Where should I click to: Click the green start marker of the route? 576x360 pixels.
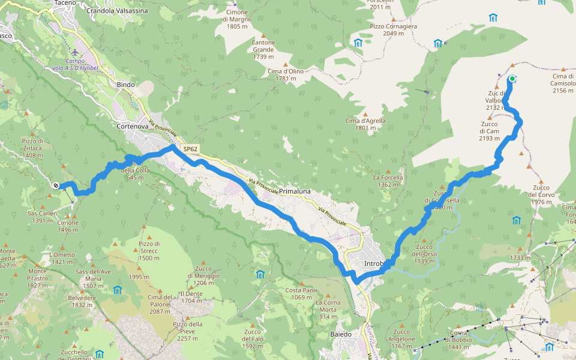coord(512,78)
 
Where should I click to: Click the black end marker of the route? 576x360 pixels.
coord(55,185)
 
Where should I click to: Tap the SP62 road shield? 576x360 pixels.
coord(190,149)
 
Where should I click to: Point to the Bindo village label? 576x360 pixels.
coord(125,85)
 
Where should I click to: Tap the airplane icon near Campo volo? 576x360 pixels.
coord(73,52)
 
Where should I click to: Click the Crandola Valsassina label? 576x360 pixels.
coord(117,11)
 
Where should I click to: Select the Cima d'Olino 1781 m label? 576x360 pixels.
coord(285,74)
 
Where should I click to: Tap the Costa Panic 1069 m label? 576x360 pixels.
coord(302,294)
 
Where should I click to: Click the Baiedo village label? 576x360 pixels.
coord(341,334)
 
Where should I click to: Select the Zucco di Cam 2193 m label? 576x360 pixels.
coord(489,131)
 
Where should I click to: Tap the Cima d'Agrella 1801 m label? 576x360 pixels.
coord(365,124)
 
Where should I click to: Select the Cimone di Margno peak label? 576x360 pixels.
coord(237,19)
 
